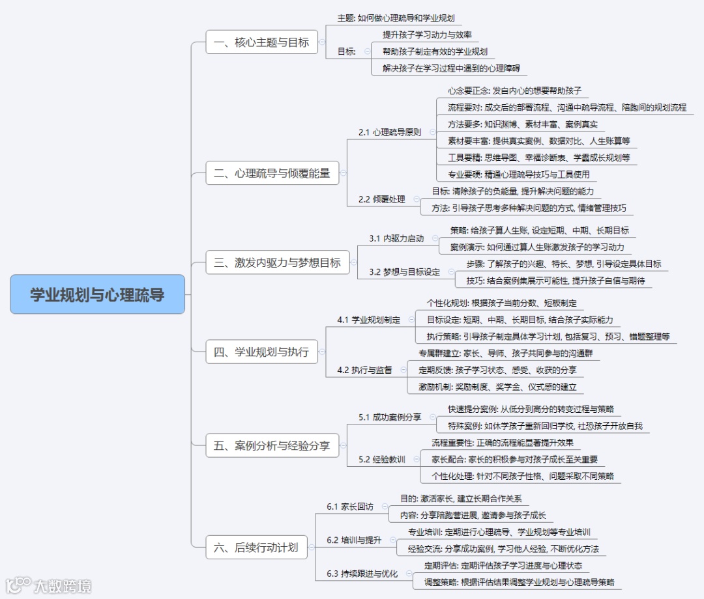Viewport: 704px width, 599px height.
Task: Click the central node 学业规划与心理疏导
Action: (x=98, y=294)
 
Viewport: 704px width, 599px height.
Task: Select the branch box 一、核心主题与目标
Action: (x=261, y=43)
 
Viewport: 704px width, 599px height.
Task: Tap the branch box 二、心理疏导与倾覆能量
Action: (x=272, y=174)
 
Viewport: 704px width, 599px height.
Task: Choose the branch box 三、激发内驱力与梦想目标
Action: (x=277, y=263)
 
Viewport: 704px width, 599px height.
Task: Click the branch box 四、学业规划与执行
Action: (x=261, y=352)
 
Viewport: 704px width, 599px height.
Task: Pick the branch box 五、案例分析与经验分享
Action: (x=272, y=447)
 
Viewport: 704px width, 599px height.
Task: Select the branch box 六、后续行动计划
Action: (x=256, y=547)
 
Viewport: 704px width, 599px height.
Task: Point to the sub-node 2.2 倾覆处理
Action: (x=381, y=199)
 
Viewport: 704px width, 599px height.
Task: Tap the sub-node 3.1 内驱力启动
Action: (x=396, y=238)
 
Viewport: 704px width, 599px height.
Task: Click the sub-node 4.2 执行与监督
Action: (x=364, y=370)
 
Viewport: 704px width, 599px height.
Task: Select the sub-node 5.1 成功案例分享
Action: (x=389, y=417)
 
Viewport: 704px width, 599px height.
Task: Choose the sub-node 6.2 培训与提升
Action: (x=353, y=540)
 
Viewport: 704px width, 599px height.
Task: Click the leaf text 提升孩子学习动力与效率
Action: (x=427, y=35)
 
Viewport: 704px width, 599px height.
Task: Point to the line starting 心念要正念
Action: (x=514, y=91)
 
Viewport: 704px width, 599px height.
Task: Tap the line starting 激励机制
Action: (x=497, y=387)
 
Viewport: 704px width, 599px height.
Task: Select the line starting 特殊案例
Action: (x=545, y=426)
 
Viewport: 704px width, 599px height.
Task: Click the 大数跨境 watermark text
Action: (x=63, y=585)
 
